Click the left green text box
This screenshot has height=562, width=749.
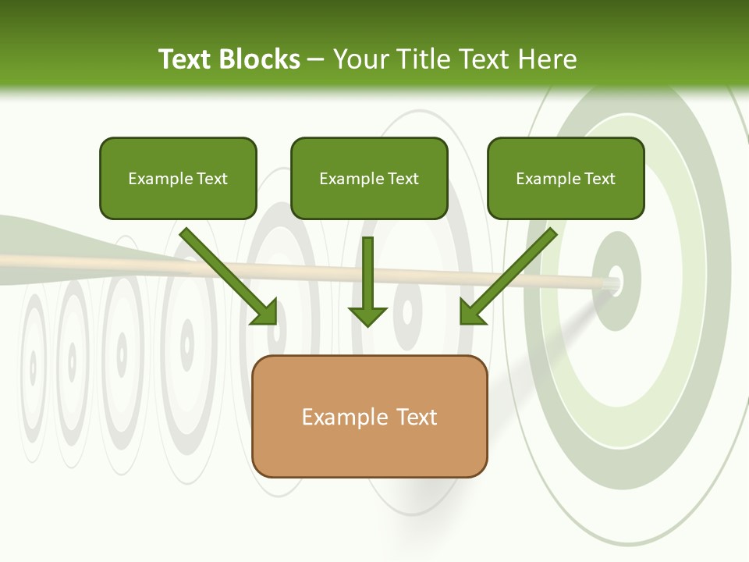pyautogui.click(x=178, y=178)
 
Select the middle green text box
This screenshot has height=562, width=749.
pyautogui.click(x=369, y=178)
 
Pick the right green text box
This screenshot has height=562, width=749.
pyautogui.click(x=566, y=178)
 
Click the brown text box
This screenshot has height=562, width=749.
pyautogui.click(x=369, y=416)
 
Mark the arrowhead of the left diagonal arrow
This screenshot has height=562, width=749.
pyautogui.click(x=265, y=313)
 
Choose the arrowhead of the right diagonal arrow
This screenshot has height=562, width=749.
pyautogui.click(x=471, y=313)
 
